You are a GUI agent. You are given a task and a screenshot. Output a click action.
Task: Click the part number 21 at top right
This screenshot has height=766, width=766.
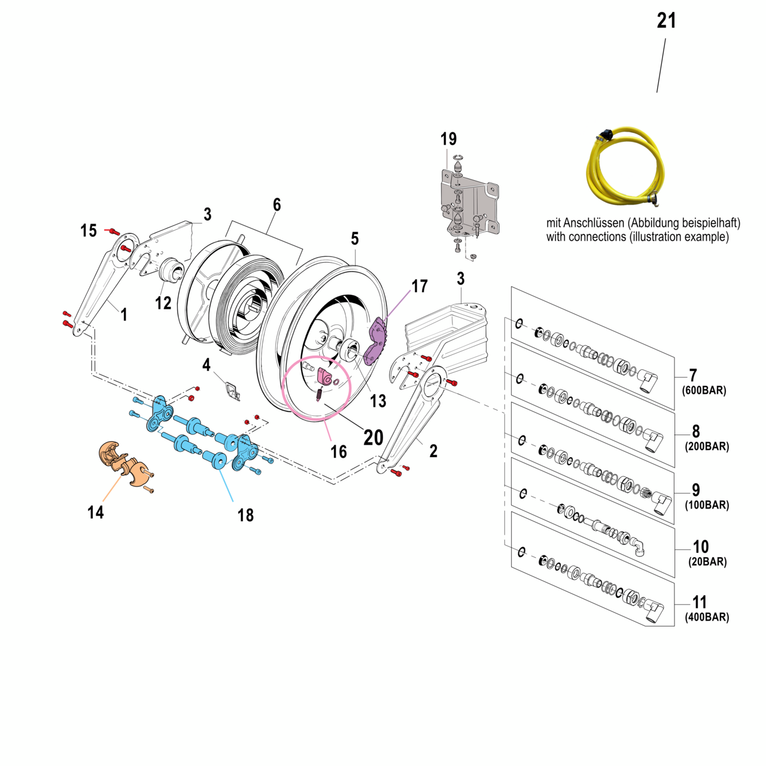666,21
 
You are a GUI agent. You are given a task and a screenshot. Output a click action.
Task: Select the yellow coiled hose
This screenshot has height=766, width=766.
625,165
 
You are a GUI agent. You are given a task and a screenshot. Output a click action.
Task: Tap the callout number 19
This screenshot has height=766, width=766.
448,139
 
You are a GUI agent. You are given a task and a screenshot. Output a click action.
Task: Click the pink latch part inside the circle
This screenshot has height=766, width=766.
325,378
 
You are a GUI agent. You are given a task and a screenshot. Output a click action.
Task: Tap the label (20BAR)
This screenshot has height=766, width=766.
707,562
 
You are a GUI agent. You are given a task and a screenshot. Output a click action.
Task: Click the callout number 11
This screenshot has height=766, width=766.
700,602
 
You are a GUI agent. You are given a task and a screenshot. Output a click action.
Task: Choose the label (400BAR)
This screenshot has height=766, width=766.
707,618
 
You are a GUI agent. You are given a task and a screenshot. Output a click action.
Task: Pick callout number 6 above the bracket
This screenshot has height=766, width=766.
276,205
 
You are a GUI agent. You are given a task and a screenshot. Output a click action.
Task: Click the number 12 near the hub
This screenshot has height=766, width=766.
163,303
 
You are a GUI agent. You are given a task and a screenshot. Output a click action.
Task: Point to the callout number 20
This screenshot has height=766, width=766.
373,437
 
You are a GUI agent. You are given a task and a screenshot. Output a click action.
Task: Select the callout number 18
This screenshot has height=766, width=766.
245,515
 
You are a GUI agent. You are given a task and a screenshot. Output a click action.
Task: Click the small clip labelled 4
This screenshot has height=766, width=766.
232,391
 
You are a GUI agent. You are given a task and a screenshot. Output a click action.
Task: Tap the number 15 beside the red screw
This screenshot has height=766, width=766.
89,231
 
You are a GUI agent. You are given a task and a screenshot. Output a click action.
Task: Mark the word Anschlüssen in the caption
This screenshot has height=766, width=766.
591,223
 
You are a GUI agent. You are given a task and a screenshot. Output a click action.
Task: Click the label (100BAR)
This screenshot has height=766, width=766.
707,505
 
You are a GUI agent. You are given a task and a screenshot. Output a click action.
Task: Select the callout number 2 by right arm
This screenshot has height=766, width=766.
433,451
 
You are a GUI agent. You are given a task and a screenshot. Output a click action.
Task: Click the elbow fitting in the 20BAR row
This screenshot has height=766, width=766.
638,546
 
